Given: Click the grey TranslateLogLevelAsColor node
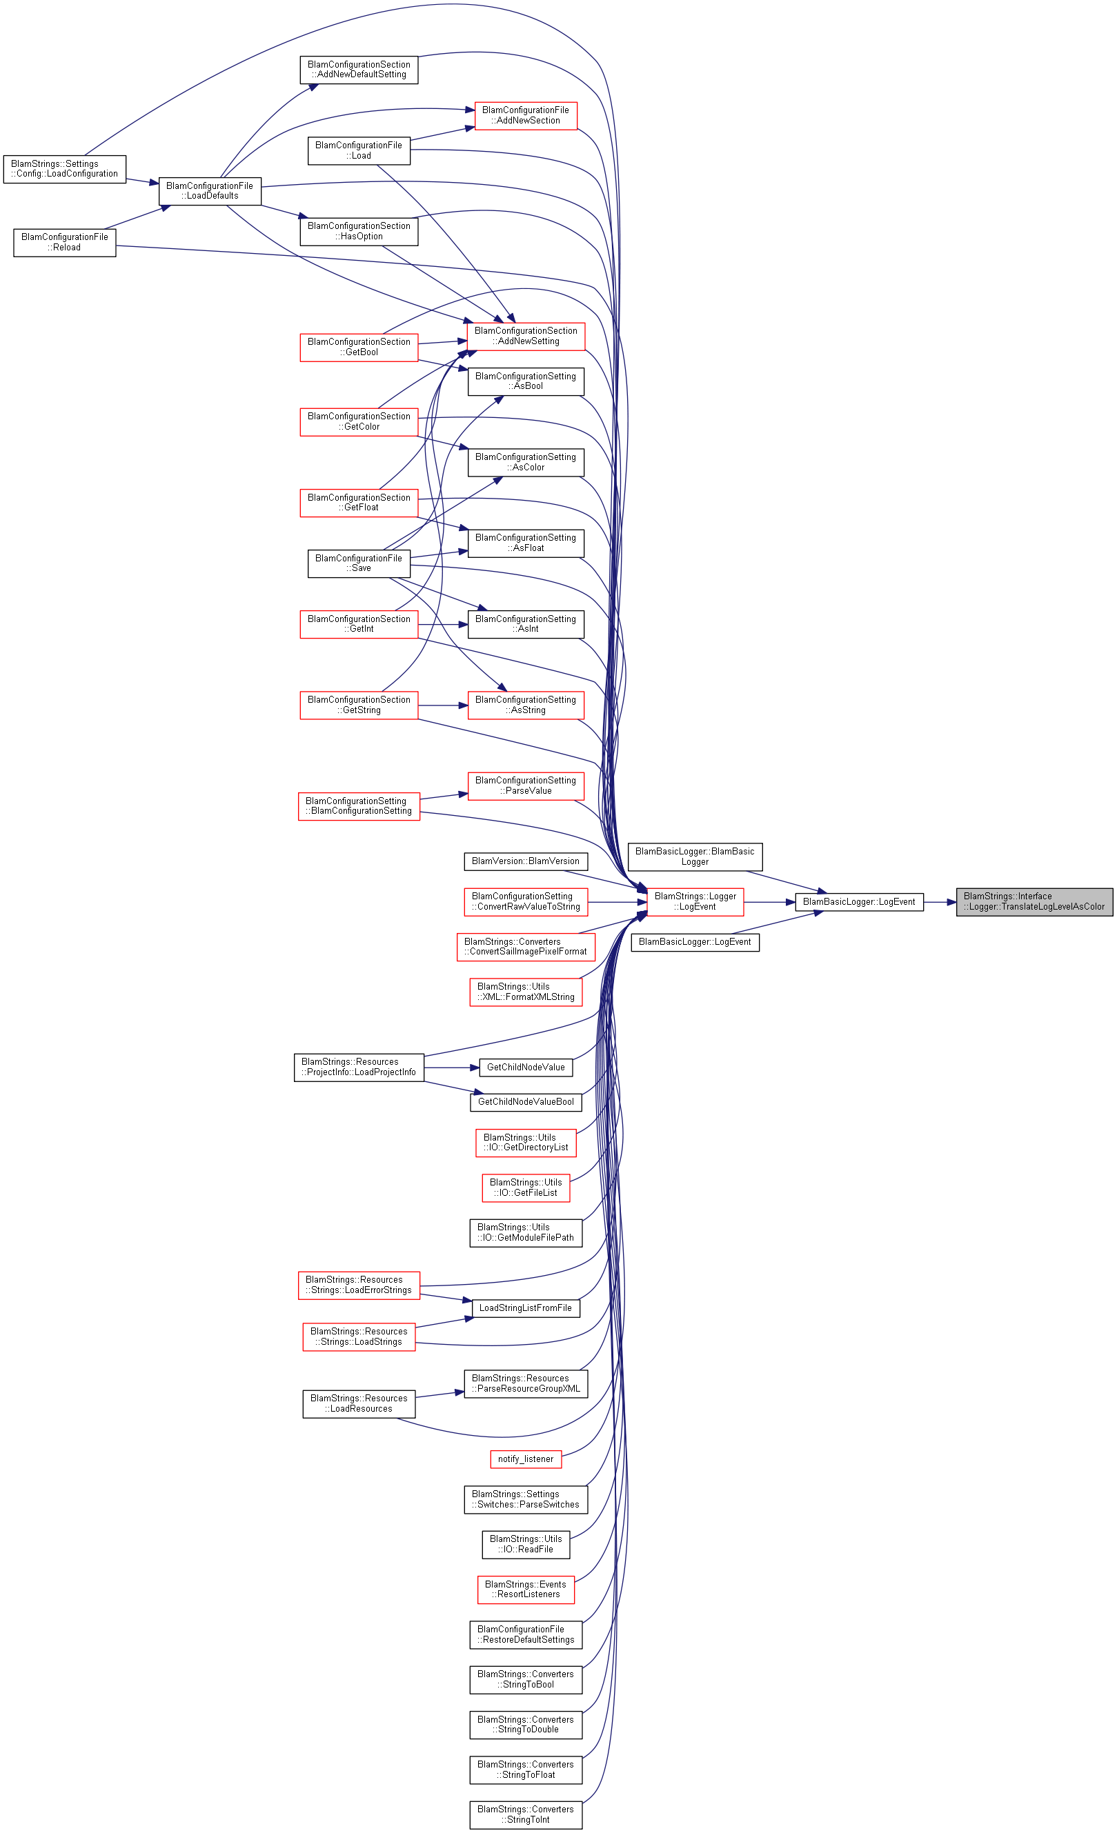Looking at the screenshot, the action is click(1034, 901).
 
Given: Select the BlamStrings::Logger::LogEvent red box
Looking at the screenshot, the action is click(695, 901).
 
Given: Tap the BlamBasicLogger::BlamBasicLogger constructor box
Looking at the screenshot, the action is click(695, 857).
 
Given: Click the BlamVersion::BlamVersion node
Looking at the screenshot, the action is click(526, 861).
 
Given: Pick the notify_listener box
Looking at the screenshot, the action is click(526, 1459).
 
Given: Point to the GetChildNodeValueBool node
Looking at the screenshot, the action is click(526, 1102).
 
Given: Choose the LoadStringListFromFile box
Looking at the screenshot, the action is click(526, 1308).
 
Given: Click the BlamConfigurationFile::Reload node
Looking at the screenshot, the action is click(65, 243).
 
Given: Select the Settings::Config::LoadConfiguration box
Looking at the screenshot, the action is click(65, 169).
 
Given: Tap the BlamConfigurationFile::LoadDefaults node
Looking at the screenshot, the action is click(210, 191).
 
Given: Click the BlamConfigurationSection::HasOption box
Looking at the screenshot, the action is click(359, 231).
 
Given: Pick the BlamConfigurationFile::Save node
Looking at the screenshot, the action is click(359, 563).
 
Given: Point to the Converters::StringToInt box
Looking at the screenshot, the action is click(526, 1814).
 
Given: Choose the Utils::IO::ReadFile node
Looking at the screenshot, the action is click(526, 1544).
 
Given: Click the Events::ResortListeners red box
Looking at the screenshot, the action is click(526, 1590).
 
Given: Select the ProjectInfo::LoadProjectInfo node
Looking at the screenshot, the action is click(359, 1068).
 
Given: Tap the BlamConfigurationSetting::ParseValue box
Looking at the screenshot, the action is click(526, 785).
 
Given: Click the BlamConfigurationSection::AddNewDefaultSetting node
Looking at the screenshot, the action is click(359, 70).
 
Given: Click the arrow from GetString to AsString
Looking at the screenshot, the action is click(443, 705).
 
